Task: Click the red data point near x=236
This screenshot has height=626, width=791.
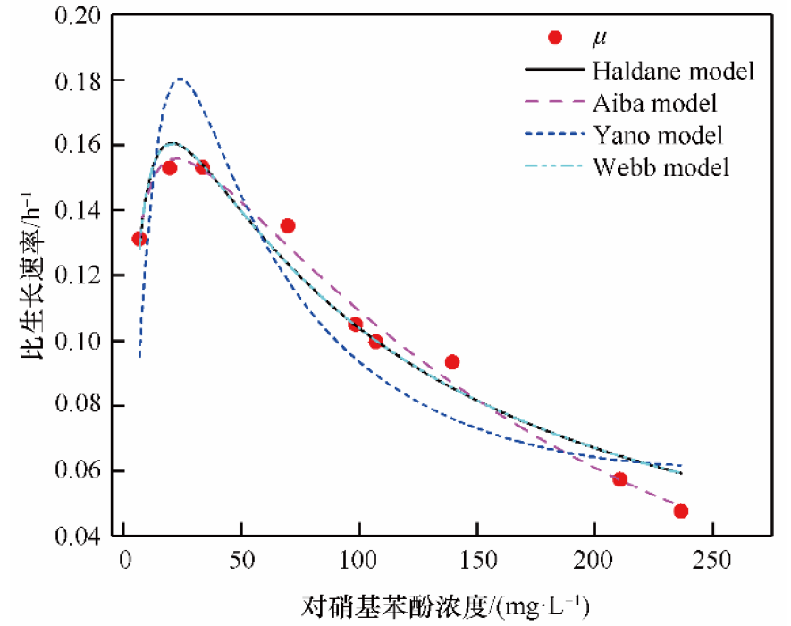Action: click(681, 512)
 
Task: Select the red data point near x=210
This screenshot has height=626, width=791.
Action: click(619, 479)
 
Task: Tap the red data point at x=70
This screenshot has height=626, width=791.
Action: click(288, 226)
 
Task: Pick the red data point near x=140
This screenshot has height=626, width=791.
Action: click(452, 362)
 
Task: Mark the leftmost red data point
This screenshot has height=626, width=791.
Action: click(139, 239)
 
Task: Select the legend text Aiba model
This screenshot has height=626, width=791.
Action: click(654, 102)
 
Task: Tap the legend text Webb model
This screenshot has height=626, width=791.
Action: click(661, 166)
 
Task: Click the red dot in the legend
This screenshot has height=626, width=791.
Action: click(554, 38)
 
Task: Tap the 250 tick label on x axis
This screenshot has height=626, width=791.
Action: click(711, 562)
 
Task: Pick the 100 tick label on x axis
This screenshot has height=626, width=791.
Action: click(359, 562)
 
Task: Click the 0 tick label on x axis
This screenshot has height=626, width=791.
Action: click(125, 562)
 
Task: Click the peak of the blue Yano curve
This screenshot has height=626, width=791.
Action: click(181, 79)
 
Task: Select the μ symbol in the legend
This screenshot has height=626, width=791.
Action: click(600, 38)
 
